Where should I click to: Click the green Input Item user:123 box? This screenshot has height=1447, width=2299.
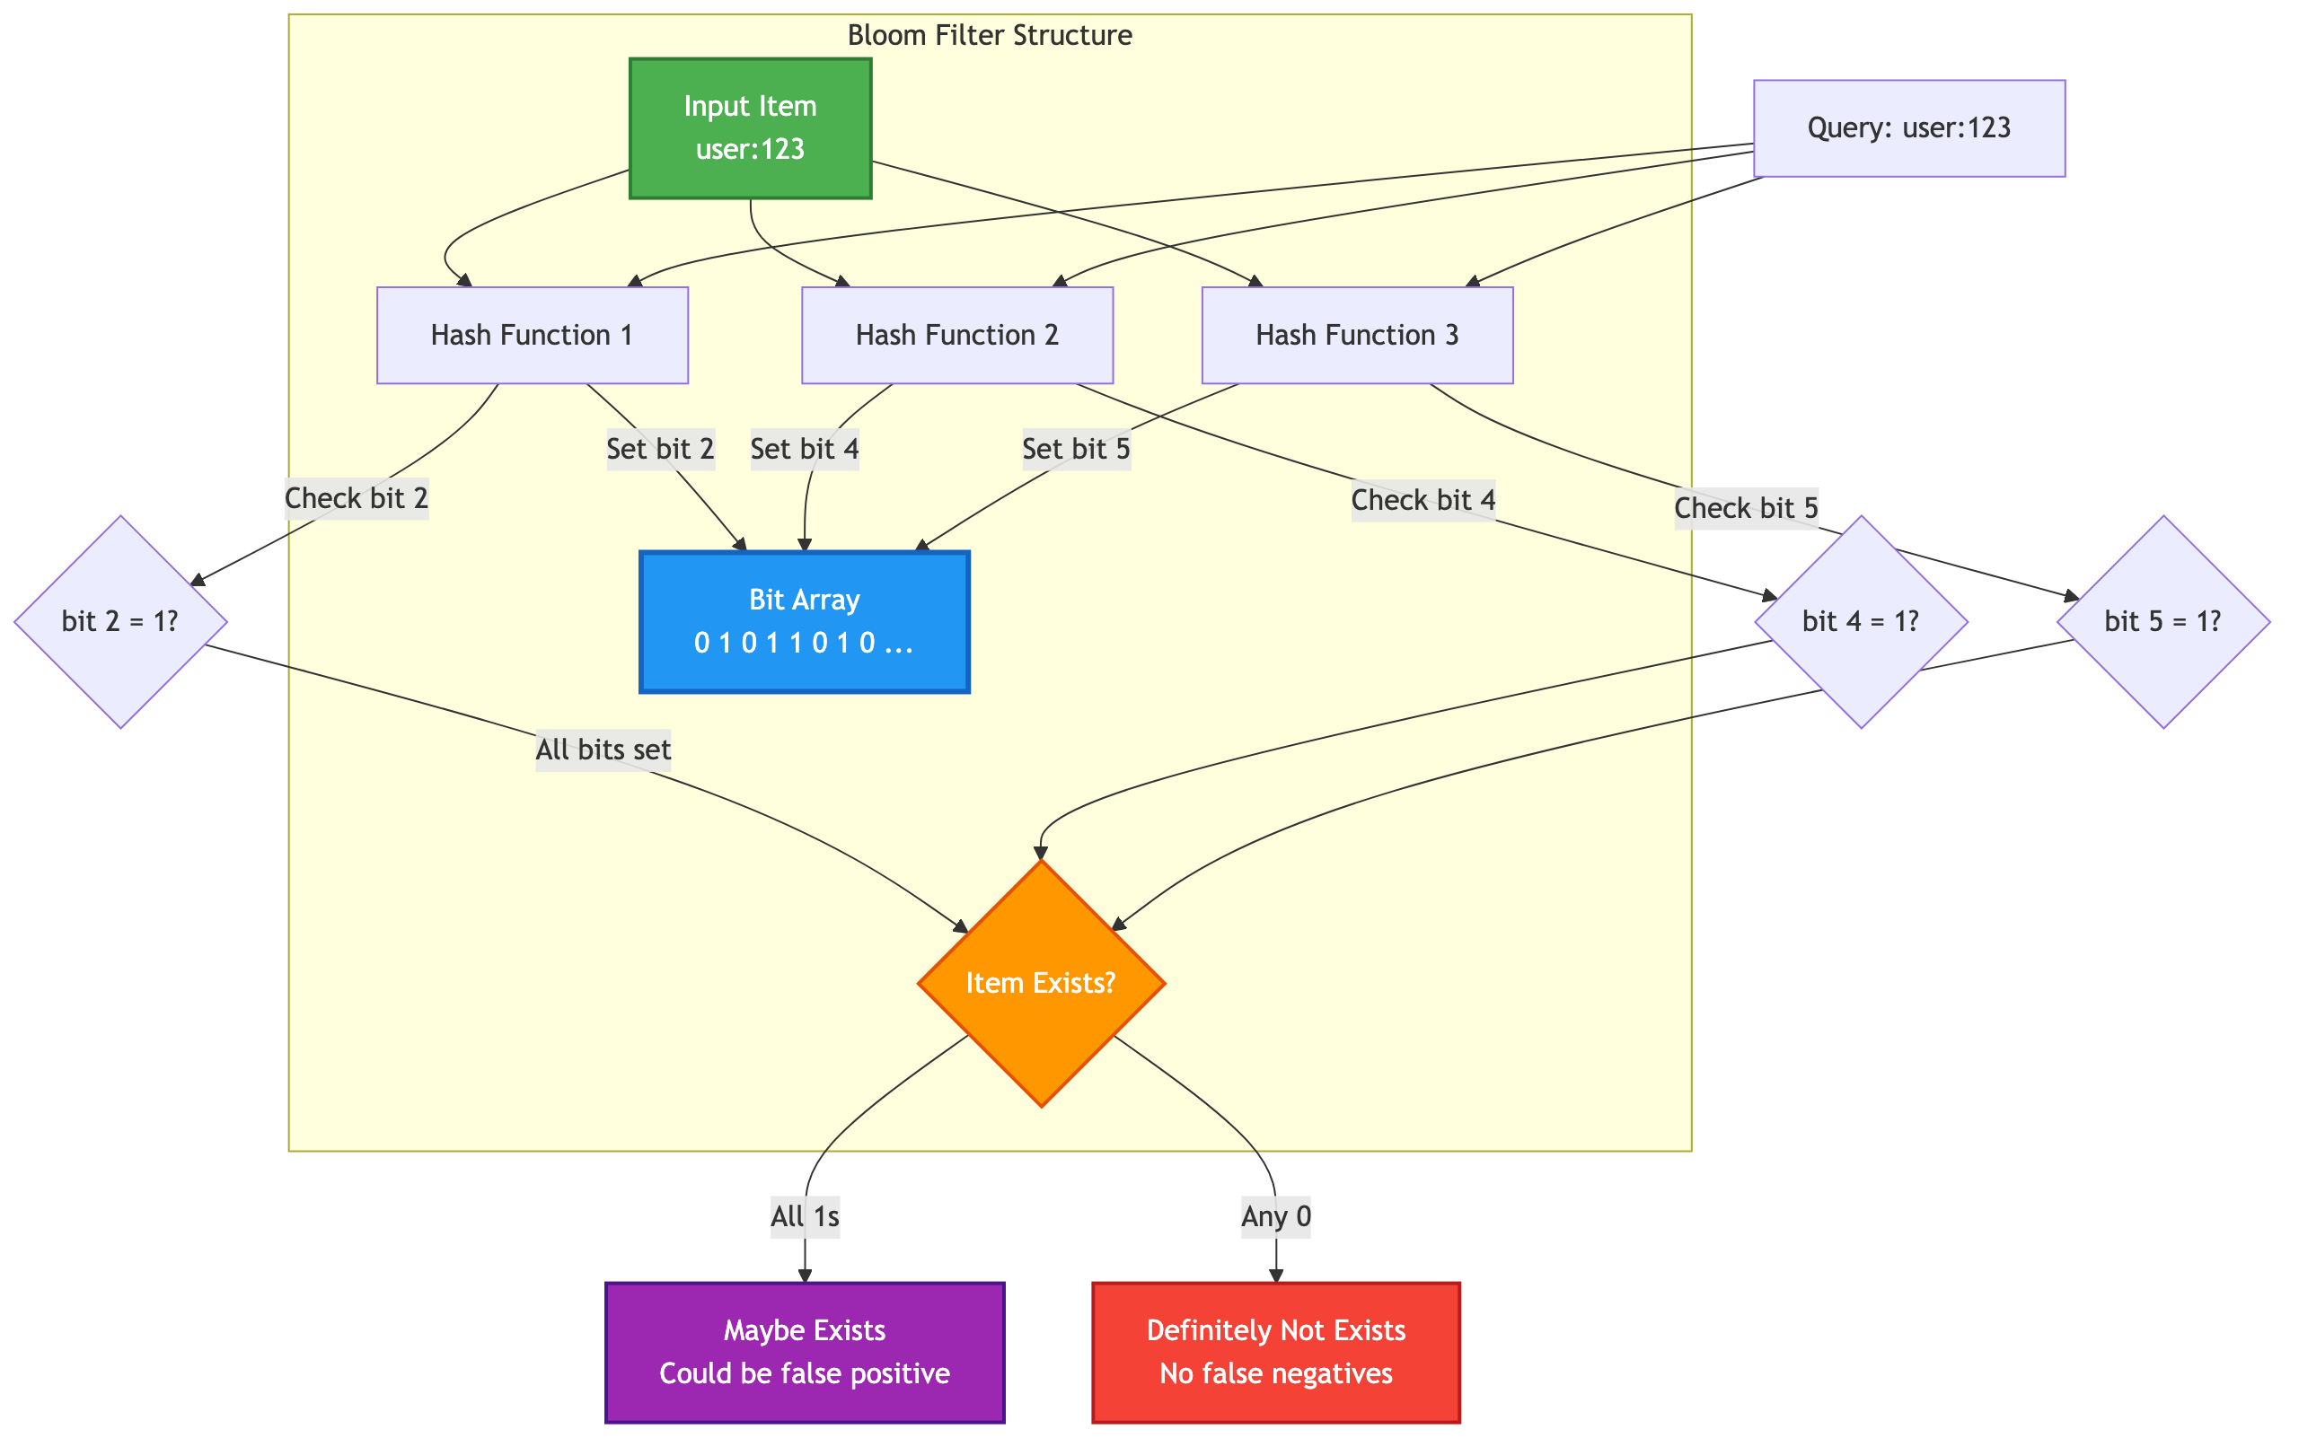[x=750, y=127]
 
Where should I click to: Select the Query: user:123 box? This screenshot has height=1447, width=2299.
[x=1908, y=127]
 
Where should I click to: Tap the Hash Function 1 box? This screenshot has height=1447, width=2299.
[x=532, y=335]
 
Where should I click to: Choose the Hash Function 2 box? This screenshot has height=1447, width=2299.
[x=956, y=335]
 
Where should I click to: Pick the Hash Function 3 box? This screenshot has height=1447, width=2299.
[x=1357, y=335]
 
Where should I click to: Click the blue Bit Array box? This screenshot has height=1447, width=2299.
[x=804, y=621]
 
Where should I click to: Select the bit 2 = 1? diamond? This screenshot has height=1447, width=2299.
[x=120, y=621]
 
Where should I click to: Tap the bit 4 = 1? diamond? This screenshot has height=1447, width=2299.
[x=1860, y=621]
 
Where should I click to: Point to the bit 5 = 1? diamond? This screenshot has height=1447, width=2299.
[x=2162, y=621]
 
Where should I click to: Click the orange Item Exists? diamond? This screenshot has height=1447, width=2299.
[x=1041, y=983]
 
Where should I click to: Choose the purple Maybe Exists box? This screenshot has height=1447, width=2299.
[x=804, y=1352]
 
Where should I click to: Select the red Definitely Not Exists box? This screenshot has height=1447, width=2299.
[x=1275, y=1352]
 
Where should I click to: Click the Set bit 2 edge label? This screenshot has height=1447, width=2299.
[x=660, y=449]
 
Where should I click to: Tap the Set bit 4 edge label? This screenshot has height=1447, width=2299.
[x=804, y=449]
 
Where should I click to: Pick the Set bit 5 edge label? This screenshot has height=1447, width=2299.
[x=1076, y=449]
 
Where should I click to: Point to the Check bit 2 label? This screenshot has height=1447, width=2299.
[x=357, y=498]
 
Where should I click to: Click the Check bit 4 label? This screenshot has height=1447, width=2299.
[x=1423, y=500]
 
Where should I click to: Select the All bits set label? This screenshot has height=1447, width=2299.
[x=603, y=750]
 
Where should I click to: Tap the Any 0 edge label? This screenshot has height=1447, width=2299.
[x=1275, y=1216]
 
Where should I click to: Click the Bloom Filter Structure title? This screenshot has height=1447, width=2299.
[x=989, y=35]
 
